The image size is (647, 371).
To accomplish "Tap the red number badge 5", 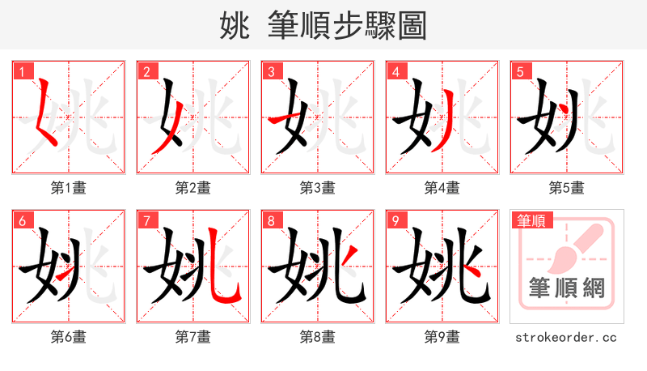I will point(520,70).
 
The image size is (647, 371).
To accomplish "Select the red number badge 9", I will point(395,220).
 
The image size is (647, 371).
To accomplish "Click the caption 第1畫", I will point(69,187).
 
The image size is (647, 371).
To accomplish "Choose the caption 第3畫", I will point(318,187).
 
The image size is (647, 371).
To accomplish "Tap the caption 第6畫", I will point(69,336).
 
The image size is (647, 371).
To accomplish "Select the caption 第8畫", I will point(318,336).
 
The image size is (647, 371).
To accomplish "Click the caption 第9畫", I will point(442,336).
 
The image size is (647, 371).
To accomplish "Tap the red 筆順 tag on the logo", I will point(531,220).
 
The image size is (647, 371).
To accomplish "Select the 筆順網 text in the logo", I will point(567,288).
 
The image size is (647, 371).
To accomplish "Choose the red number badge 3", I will point(271,70).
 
